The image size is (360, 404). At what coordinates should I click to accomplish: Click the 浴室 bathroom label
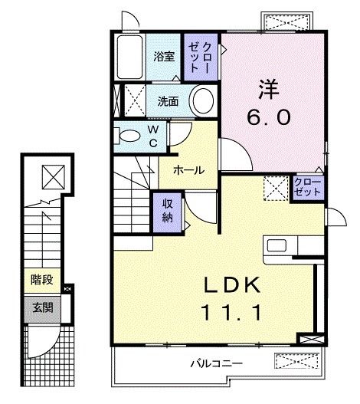click(x=164, y=56)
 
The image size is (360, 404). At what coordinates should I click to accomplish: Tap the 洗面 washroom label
click(x=168, y=100)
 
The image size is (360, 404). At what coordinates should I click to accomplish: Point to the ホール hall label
click(x=188, y=170)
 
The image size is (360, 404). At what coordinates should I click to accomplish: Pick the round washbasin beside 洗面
click(x=203, y=100)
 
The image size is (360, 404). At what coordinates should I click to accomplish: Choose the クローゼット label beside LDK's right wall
click(x=309, y=186)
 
